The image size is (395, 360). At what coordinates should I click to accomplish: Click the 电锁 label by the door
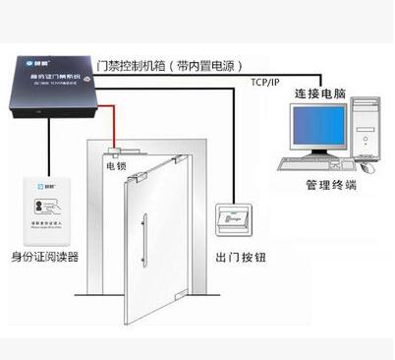pyautogui.click(x=117, y=167)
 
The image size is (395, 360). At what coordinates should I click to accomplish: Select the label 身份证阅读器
pyautogui.click(x=45, y=257)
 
